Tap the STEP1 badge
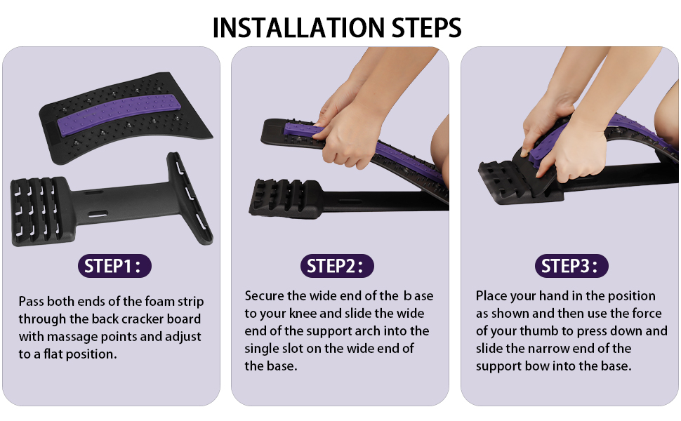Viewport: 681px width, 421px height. [114, 266]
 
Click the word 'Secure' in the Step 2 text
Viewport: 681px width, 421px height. [265, 295]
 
